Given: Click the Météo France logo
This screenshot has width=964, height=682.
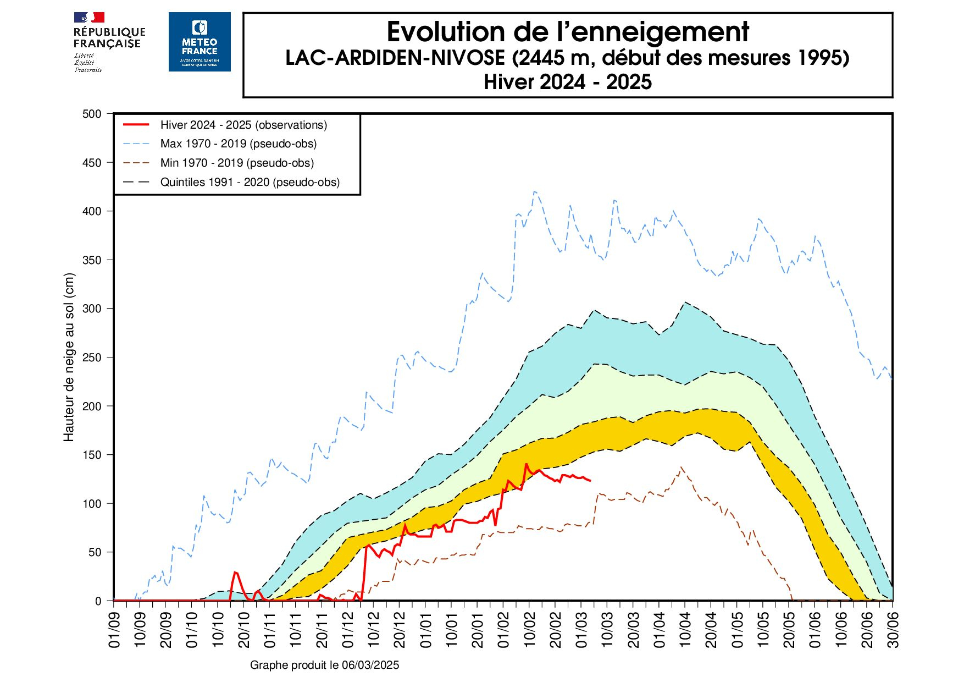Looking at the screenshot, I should pyautogui.click(x=200, y=42).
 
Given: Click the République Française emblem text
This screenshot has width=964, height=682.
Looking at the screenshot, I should pyautogui.click(x=109, y=38).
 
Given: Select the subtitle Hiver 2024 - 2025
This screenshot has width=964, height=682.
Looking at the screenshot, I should pyautogui.click(x=567, y=82).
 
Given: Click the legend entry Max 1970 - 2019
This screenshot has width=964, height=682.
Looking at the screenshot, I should pyautogui.click(x=238, y=144).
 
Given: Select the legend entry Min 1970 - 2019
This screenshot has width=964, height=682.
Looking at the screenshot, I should pyautogui.click(x=237, y=163).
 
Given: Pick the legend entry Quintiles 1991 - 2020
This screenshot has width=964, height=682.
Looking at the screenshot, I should pyautogui.click(x=250, y=183).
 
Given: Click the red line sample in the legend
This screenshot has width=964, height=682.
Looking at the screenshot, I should pyautogui.click(x=136, y=125).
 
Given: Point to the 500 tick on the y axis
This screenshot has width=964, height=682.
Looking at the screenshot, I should pyautogui.click(x=92, y=114).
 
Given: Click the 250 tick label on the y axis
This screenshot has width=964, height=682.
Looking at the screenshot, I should pyautogui.click(x=92, y=358).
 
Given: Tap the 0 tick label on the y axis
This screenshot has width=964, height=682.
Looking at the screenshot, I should pyautogui.click(x=98, y=601).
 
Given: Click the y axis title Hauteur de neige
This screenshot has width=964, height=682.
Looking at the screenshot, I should pyautogui.click(x=69, y=358).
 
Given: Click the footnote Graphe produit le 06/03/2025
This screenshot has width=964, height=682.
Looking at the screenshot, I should pyautogui.click(x=324, y=665).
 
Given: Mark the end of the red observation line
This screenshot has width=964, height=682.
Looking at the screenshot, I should pyautogui.click(x=590, y=481).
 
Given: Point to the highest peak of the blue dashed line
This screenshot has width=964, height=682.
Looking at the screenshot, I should pyautogui.click(x=535, y=191).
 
